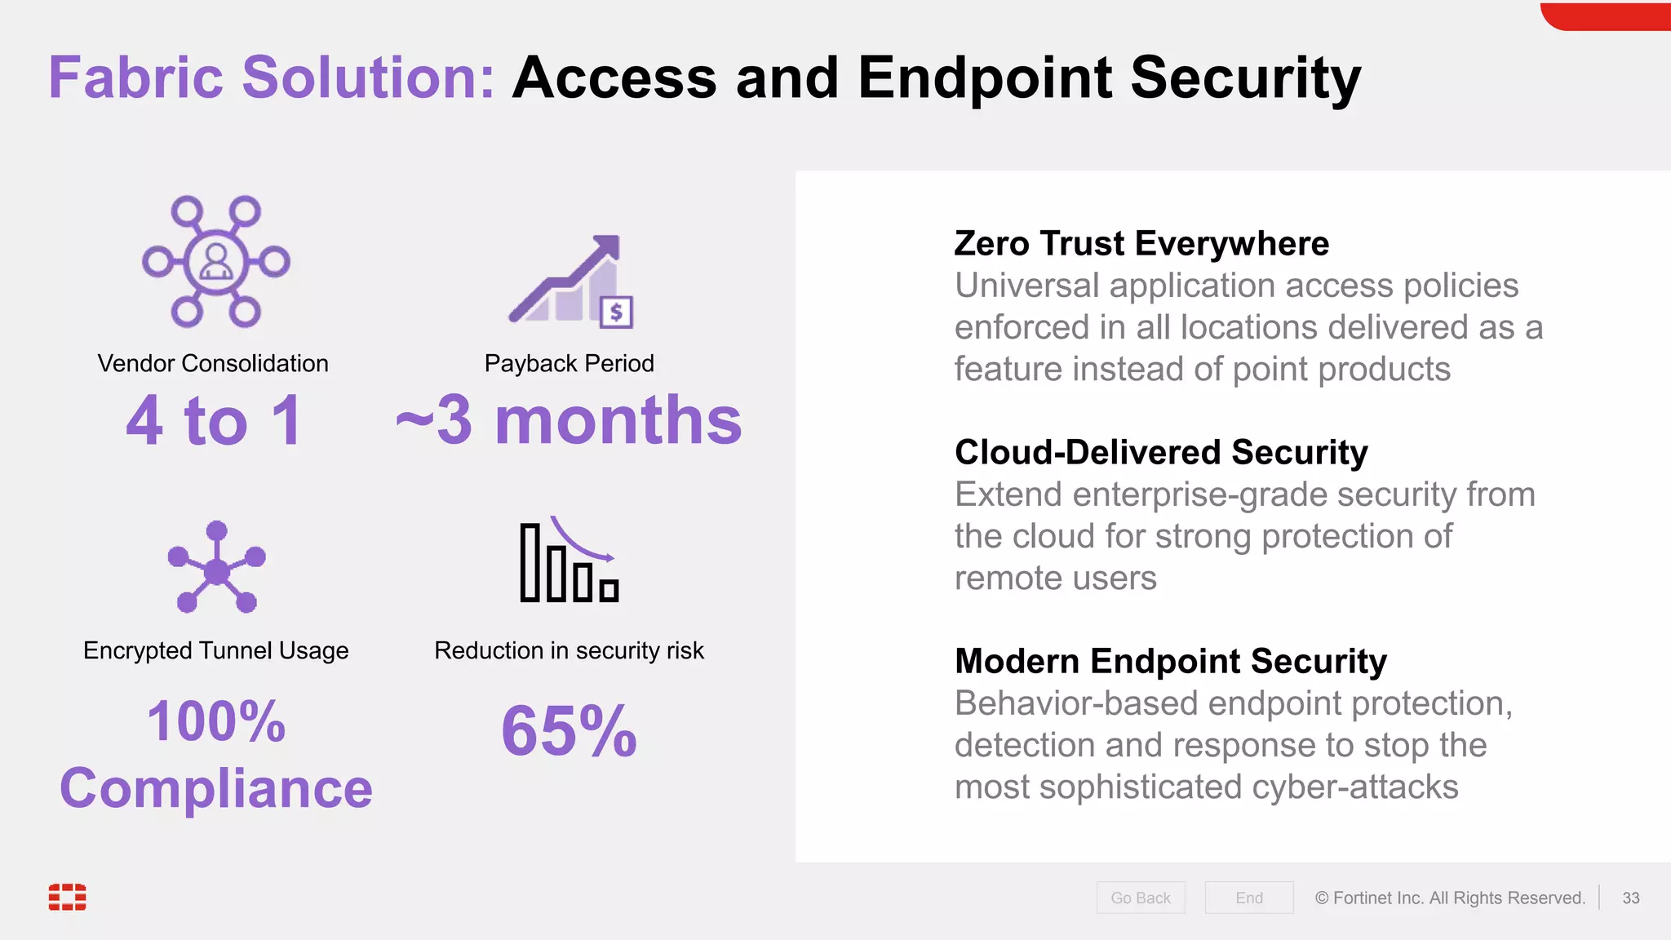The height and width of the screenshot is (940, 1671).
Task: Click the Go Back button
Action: [x=1140, y=898]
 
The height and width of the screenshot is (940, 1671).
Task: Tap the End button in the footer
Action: [x=1248, y=898]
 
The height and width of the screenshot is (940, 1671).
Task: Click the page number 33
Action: [x=1630, y=898]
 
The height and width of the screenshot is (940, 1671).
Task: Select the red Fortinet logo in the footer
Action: [x=67, y=896]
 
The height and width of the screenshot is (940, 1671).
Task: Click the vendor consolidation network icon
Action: [x=216, y=261]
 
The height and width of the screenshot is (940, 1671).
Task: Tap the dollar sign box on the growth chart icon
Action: [x=616, y=312]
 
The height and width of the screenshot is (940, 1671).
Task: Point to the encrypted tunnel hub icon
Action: [x=216, y=568]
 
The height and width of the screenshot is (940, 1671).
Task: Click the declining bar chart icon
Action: [x=569, y=561]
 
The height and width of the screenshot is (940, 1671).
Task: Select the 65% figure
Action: [x=569, y=730]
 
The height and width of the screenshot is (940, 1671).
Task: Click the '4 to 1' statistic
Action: [x=214, y=420]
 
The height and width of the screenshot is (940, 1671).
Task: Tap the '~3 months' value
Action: [x=569, y=420]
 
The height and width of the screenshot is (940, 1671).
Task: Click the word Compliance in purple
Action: [x=216, y=788]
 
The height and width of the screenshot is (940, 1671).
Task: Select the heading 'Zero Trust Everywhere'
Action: [x=1141, y=243]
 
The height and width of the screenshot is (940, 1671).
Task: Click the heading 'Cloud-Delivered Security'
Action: [x=1161, y=452]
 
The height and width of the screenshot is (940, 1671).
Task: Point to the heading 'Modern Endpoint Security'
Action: [x=1171, y=661]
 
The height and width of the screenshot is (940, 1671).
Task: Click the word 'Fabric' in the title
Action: [x=136, y=78]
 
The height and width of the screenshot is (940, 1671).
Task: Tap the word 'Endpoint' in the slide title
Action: [x=985, y=78]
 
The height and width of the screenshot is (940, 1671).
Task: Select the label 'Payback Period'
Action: [x=569, y=363]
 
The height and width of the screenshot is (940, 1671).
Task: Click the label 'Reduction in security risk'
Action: [x=569, y=650]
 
